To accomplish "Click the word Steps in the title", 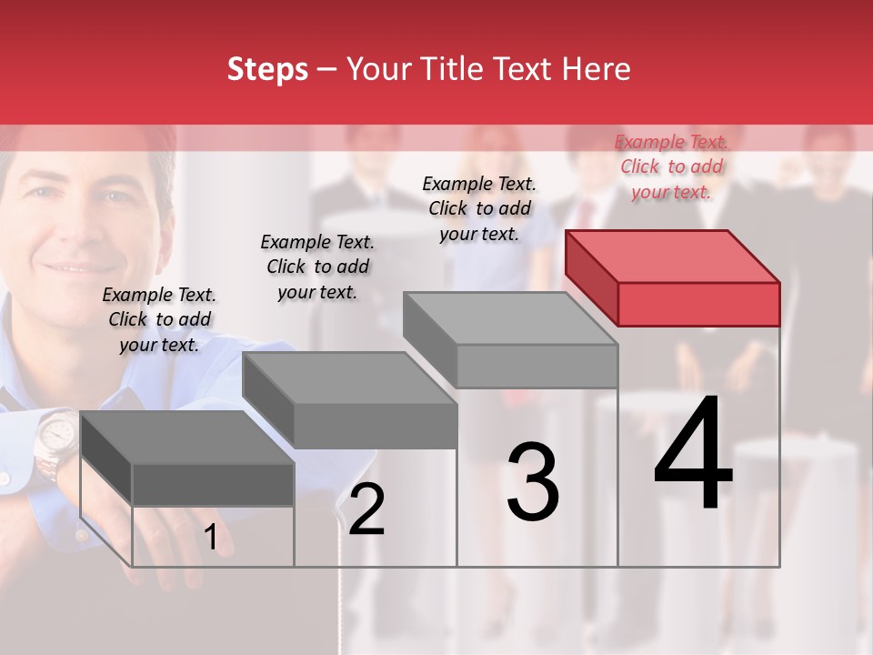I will click(267, 69).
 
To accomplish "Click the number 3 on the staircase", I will click(533, 482).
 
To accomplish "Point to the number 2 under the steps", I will click(366, 510).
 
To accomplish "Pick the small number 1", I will click(211, 538).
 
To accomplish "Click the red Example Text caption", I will click(672, 166).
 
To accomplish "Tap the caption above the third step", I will click(479, 208).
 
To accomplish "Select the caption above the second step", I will click(317, 267).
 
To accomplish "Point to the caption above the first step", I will click(159, 319).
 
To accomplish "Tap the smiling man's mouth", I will click(71, 269).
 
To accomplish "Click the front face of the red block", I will click(698, 304).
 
